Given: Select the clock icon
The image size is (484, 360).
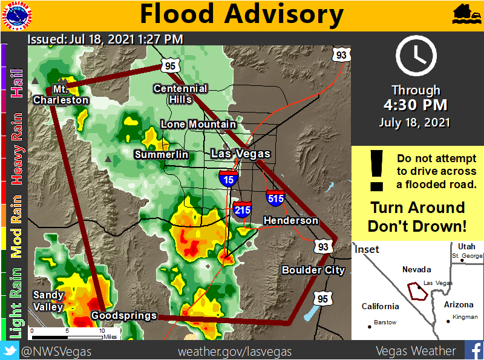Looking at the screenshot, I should pos(416,55).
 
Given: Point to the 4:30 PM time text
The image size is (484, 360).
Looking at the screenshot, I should pos(416,105).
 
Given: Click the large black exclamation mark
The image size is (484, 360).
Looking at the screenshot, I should pos(377,171).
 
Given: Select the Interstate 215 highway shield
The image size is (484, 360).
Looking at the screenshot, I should pos(243,209).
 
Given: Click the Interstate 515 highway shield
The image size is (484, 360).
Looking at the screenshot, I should pos(275,197).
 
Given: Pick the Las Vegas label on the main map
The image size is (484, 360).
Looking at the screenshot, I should pos(240,154).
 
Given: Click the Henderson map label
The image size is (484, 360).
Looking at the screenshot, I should pos(290,221).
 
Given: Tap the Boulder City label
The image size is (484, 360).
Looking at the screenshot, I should pos(313,270).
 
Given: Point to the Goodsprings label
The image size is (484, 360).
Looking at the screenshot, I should pos(124,316).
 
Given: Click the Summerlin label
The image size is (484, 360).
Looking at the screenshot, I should pos(161,155).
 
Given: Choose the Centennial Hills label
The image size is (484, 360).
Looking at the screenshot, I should pos(180,94).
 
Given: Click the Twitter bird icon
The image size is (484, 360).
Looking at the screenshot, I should pos(10,350).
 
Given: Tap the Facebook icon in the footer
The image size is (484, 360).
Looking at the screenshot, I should pos(473,350).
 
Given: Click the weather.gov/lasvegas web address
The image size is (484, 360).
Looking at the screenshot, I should pos(235,351).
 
